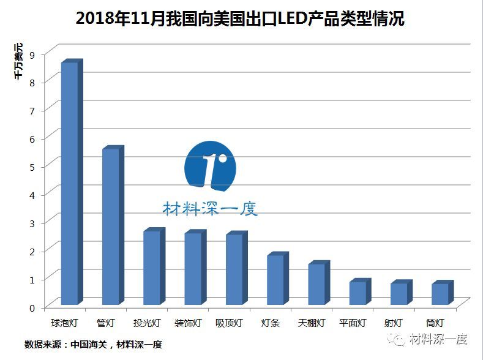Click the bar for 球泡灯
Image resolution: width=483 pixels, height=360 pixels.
pos(70,183)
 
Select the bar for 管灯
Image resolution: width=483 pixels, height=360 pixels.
pos(111,227)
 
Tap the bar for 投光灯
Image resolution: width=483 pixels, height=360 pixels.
pos(152,268)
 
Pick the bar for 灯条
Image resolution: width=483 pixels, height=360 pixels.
pos(275,279)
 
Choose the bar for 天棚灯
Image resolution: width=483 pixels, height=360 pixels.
pos(316,284)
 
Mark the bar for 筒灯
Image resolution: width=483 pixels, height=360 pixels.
pos(440,294)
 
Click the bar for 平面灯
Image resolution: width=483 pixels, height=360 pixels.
pos(358,293)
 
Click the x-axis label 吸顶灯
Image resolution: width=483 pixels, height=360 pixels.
pos(229,323)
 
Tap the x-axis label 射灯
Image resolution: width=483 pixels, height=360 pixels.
pos(394,323)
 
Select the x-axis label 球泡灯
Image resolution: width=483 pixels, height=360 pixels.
pos(64,323)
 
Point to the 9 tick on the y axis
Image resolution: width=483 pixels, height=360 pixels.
pos(32,54)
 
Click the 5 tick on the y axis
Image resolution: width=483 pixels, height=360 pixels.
pos(32,167)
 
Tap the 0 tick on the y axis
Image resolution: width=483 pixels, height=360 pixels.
pos(32,307)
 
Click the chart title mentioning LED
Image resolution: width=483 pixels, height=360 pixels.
pos(241,19)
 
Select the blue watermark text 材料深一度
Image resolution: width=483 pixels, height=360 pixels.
pos(210,208)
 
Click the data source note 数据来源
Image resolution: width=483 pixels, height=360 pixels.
pos(93,345)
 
